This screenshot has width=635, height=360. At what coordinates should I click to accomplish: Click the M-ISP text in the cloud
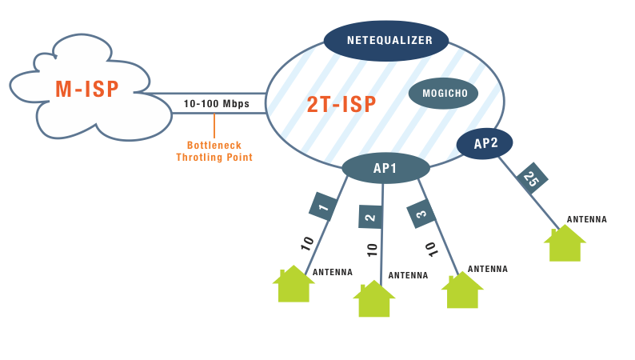[x=87, y=90]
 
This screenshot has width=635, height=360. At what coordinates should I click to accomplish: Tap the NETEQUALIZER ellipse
[x=389, y=40]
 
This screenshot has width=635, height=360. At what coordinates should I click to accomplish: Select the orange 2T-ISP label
[x=341, y=104]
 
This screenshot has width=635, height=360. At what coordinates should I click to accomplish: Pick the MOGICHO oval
[x=443, y=94]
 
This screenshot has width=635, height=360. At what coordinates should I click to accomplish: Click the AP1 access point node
[x=385, y=168]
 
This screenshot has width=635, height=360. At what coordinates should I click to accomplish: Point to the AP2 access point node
[x=485, y=144]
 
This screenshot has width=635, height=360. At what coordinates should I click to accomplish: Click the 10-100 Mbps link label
[x=216, y=104]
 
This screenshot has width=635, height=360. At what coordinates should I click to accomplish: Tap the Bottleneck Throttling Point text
[x=214, y=151]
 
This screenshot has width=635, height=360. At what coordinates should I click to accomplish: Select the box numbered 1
[x=323, y=208]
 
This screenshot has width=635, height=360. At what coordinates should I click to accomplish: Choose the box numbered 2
[x=369, y=216]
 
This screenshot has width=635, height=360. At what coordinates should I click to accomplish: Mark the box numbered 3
[x=421, y=214]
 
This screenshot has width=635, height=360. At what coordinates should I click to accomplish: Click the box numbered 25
[x=532, y=178]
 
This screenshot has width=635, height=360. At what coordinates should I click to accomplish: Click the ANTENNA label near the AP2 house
[x=587, y=219]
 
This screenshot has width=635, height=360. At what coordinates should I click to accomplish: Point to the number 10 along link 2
[x=373, y=249]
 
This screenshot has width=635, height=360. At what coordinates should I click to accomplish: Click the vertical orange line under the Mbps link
[x=214, y=126]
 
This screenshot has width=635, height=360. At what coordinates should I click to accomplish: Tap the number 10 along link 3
[x=431, y=249]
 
